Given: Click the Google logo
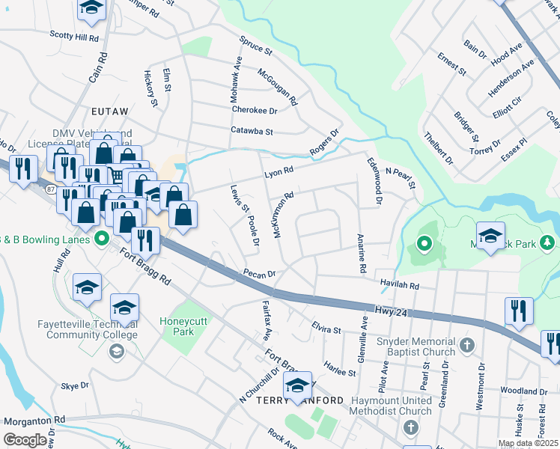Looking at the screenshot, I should (25, 440).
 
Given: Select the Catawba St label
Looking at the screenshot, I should (252, 131).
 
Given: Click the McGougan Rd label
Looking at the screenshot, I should (278, 87).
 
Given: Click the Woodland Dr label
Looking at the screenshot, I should (523, 391).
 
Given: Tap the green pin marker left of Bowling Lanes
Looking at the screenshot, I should (100, 239).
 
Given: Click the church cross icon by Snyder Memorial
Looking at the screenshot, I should (467, 345).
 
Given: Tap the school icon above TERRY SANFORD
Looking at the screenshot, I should (297, 385).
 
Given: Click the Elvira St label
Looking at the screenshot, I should (326, 329).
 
